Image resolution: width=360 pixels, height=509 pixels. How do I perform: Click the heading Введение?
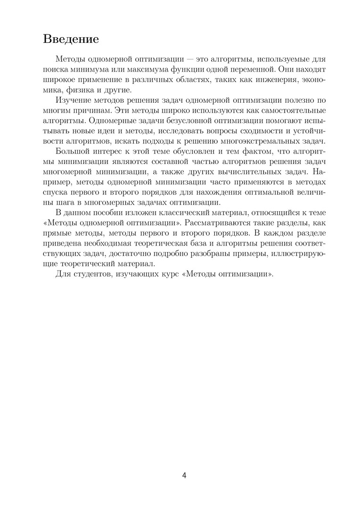(x=71, y=39)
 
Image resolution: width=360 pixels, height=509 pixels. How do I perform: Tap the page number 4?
(x=184, y=475)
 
